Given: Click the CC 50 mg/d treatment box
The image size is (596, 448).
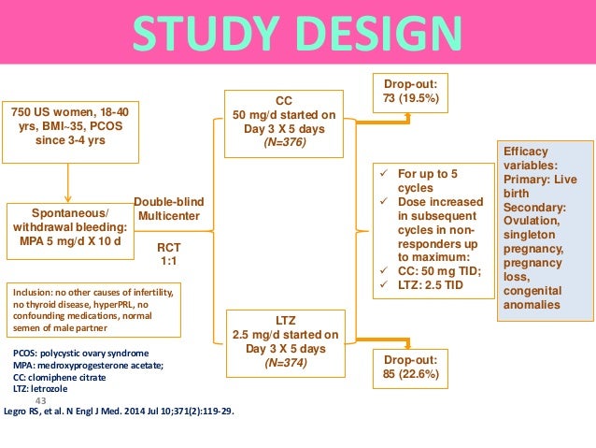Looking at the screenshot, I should pos(283,123).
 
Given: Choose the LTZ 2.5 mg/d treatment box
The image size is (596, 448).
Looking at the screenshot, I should pos(283,341).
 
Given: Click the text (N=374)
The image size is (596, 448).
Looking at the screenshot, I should pos(283,363).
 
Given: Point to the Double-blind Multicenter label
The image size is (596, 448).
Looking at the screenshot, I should pos(169,209).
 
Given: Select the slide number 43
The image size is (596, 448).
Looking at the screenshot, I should pos(40,399).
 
